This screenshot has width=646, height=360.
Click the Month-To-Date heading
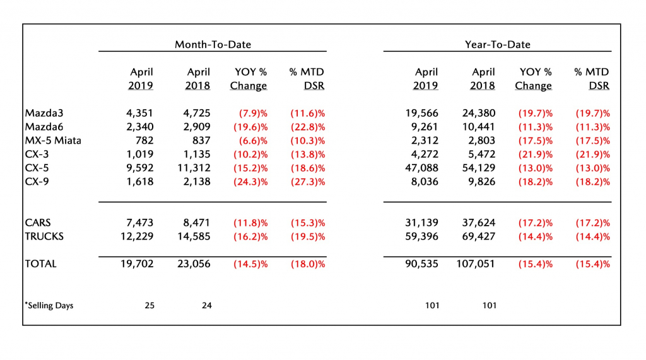click(x=213, y=45)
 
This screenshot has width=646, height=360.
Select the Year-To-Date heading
click(x=497, y=45)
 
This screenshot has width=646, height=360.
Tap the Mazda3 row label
click(x=44, y=113)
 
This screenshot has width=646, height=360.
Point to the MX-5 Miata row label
click(x=53, y=141)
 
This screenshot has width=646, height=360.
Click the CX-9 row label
click(x=37, y=182)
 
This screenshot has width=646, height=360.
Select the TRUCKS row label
click(x=44, y=236)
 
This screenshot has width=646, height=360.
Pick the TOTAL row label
click(x=40, y=264)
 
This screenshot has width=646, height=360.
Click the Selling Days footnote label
click(x=49, y=306)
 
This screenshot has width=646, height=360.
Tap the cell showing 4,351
click(x=139, y=113)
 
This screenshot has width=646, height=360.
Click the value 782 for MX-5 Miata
click(x=144, y=141)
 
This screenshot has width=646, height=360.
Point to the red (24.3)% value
click(x=250, y=182)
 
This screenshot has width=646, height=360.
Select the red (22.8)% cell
click(x=308, y=127)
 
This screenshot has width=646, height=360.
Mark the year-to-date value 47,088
click(x=421, y=168)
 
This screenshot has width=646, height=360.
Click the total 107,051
click(x=476, y=264)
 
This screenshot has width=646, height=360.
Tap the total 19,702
click(x=137, y=264)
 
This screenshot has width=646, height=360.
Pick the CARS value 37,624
click(x=479, y=223)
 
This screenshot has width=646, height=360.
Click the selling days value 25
click(x=150, y=306)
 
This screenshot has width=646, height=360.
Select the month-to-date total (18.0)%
click(x=308, y=264)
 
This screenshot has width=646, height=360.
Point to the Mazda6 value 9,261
click(x=425, y=127)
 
